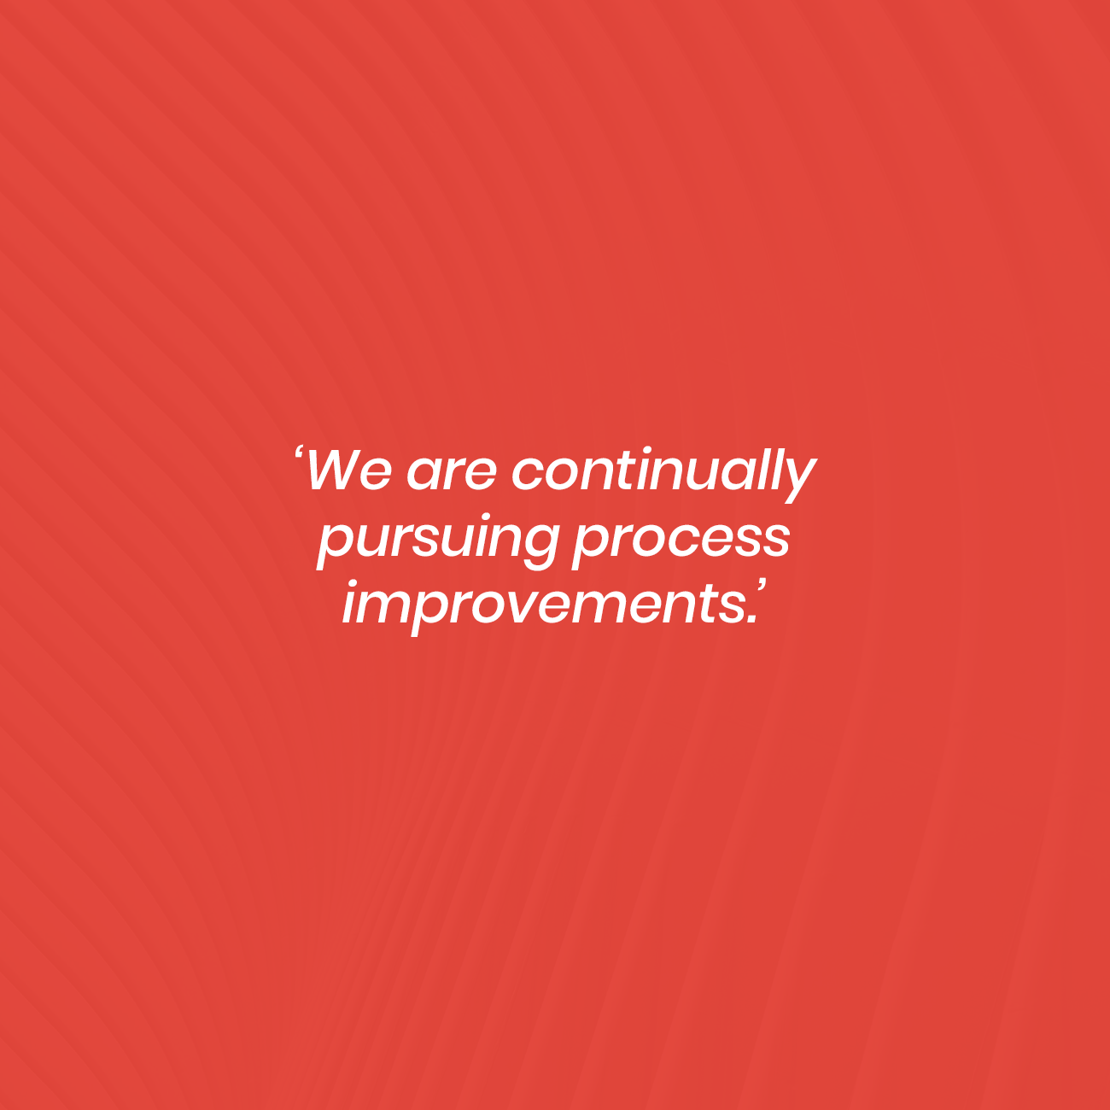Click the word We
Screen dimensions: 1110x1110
349,471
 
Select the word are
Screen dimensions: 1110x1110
452,475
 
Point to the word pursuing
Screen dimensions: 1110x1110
438,542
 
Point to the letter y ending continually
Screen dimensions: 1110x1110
797,481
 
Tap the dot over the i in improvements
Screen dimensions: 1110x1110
358,583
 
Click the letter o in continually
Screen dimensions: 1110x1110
565,476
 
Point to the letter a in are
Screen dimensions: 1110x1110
425,476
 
